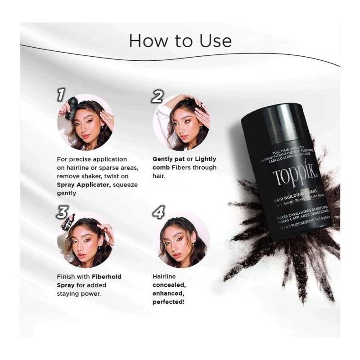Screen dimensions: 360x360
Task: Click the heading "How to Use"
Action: (180, 40)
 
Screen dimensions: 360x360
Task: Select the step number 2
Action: (157, 96)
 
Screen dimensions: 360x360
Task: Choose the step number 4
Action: (158, 211)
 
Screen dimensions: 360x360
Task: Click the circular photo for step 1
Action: (85, 122)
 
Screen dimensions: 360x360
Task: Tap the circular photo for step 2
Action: (181, 122)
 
